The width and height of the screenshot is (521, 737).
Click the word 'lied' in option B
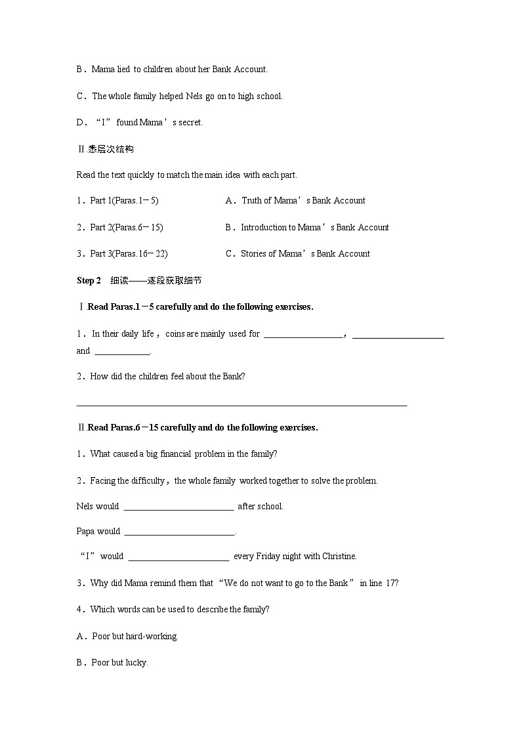pos(123,69)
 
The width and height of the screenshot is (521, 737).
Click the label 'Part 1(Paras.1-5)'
pos(117,201)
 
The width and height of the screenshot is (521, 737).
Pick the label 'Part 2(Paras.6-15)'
pos(119,228)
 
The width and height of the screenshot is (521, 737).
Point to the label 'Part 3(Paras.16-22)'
pos(122,254)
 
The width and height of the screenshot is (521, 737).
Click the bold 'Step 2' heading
pos(89,281)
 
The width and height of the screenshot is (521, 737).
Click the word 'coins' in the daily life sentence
pos(175,334)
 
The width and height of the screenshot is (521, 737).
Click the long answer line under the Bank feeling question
pos(241,405)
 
